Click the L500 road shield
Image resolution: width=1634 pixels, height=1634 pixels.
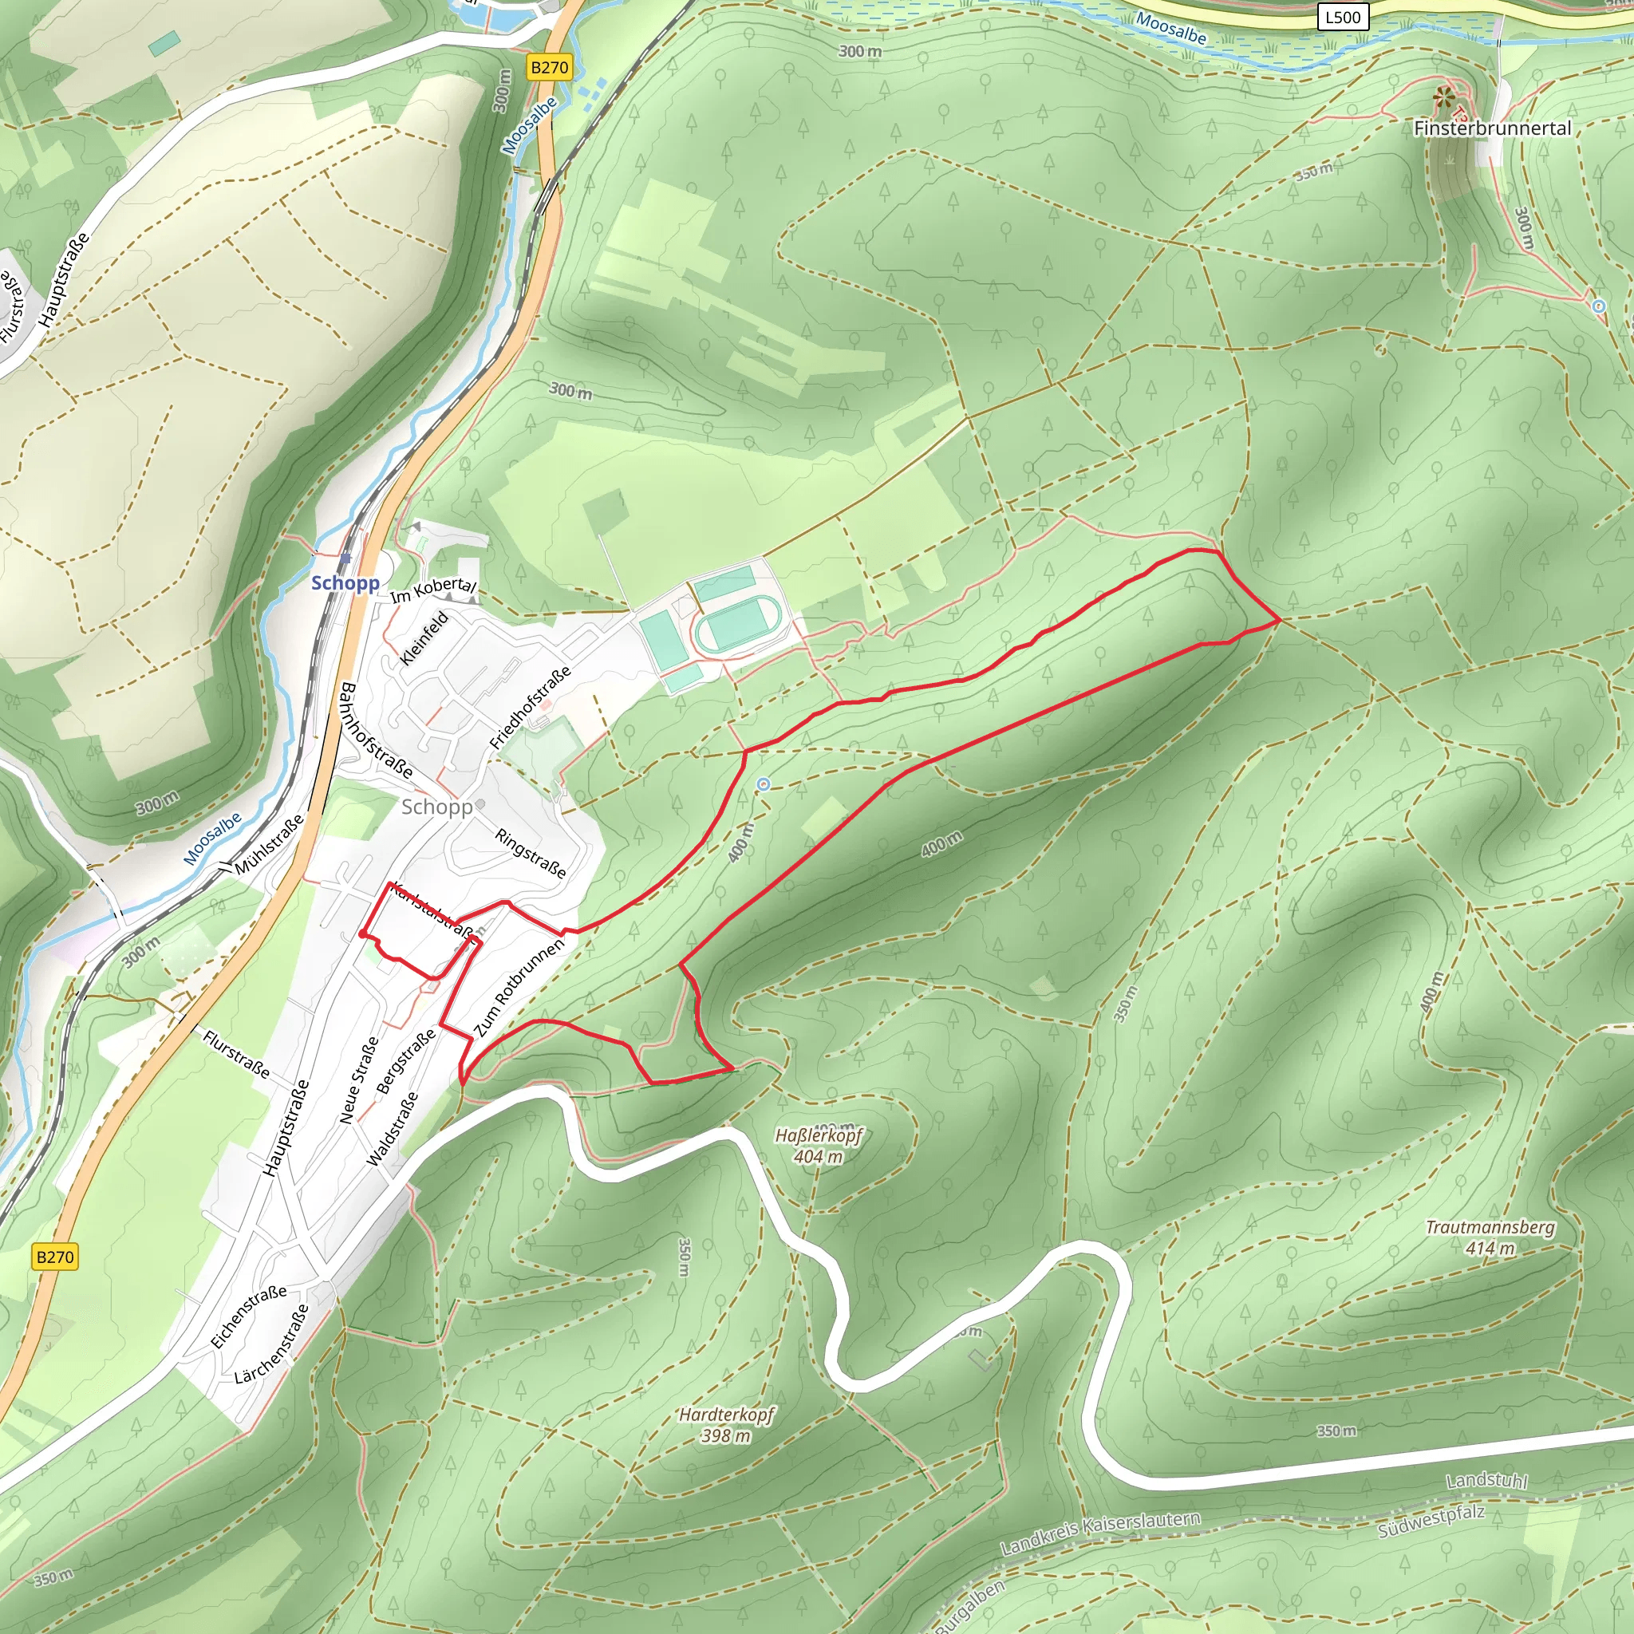click(1343, 17)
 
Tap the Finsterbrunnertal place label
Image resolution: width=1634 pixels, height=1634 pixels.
click(1492, 128)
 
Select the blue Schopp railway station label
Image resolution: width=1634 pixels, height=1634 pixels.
click(345, 582)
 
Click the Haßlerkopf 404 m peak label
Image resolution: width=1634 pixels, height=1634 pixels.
click(818, 1145)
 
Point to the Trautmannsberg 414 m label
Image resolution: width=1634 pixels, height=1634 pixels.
click(1490, 1237)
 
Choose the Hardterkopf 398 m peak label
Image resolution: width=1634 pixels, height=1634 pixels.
click(726, 1424)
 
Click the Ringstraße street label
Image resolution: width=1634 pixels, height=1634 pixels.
click(531, 854)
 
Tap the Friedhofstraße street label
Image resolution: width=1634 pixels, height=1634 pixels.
click(531, 707)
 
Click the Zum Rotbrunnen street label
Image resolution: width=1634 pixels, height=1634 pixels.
click(519, 987)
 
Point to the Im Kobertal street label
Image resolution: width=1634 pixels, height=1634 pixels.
click(434, 589)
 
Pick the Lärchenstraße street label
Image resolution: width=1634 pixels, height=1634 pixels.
click(271, 1344)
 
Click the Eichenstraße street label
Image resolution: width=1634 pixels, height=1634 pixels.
click(249, 1316)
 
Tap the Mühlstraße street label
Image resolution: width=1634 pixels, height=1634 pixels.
click(269, 845)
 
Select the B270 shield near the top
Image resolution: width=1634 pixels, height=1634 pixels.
click(549, 68)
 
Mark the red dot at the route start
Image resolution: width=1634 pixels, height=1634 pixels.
click(363, 933)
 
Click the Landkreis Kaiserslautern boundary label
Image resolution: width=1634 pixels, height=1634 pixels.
click(1100, 1533)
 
